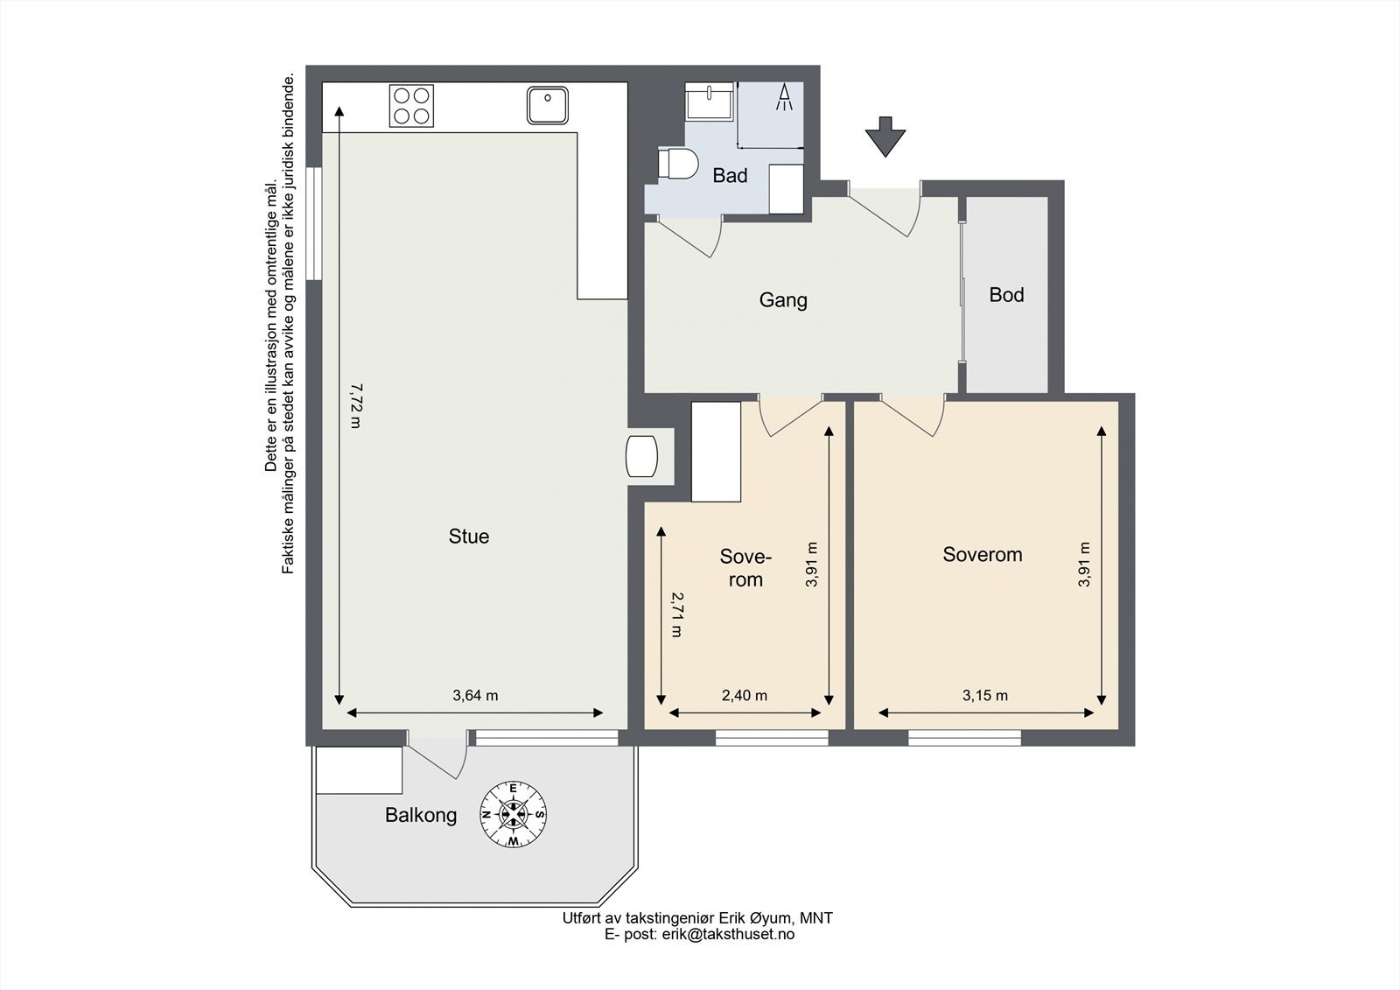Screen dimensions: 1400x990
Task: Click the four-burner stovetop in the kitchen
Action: (411, 106)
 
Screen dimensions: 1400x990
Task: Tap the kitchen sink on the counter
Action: (548, 105)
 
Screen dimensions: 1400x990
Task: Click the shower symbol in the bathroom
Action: (784, 97)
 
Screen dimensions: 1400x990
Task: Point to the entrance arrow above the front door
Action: (885, 137)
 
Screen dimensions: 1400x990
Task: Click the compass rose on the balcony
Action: (513, 814)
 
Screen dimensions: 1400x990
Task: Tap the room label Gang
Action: (783, 300)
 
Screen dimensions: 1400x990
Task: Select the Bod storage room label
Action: (1006, 295)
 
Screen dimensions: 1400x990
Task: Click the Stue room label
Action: (469, 536)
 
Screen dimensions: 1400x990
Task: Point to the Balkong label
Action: (421, 816)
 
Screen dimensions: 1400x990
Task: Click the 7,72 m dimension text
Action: (356, 406)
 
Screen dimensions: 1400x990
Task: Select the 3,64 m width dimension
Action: (475, 695)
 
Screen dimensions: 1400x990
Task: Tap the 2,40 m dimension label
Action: (745, 695)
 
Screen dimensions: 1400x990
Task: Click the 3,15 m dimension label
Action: (985, 695)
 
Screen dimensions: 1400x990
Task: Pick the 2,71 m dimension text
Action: (676, 614)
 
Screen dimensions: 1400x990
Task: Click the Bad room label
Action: (730, 176)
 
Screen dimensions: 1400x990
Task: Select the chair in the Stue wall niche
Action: (642, 456)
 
